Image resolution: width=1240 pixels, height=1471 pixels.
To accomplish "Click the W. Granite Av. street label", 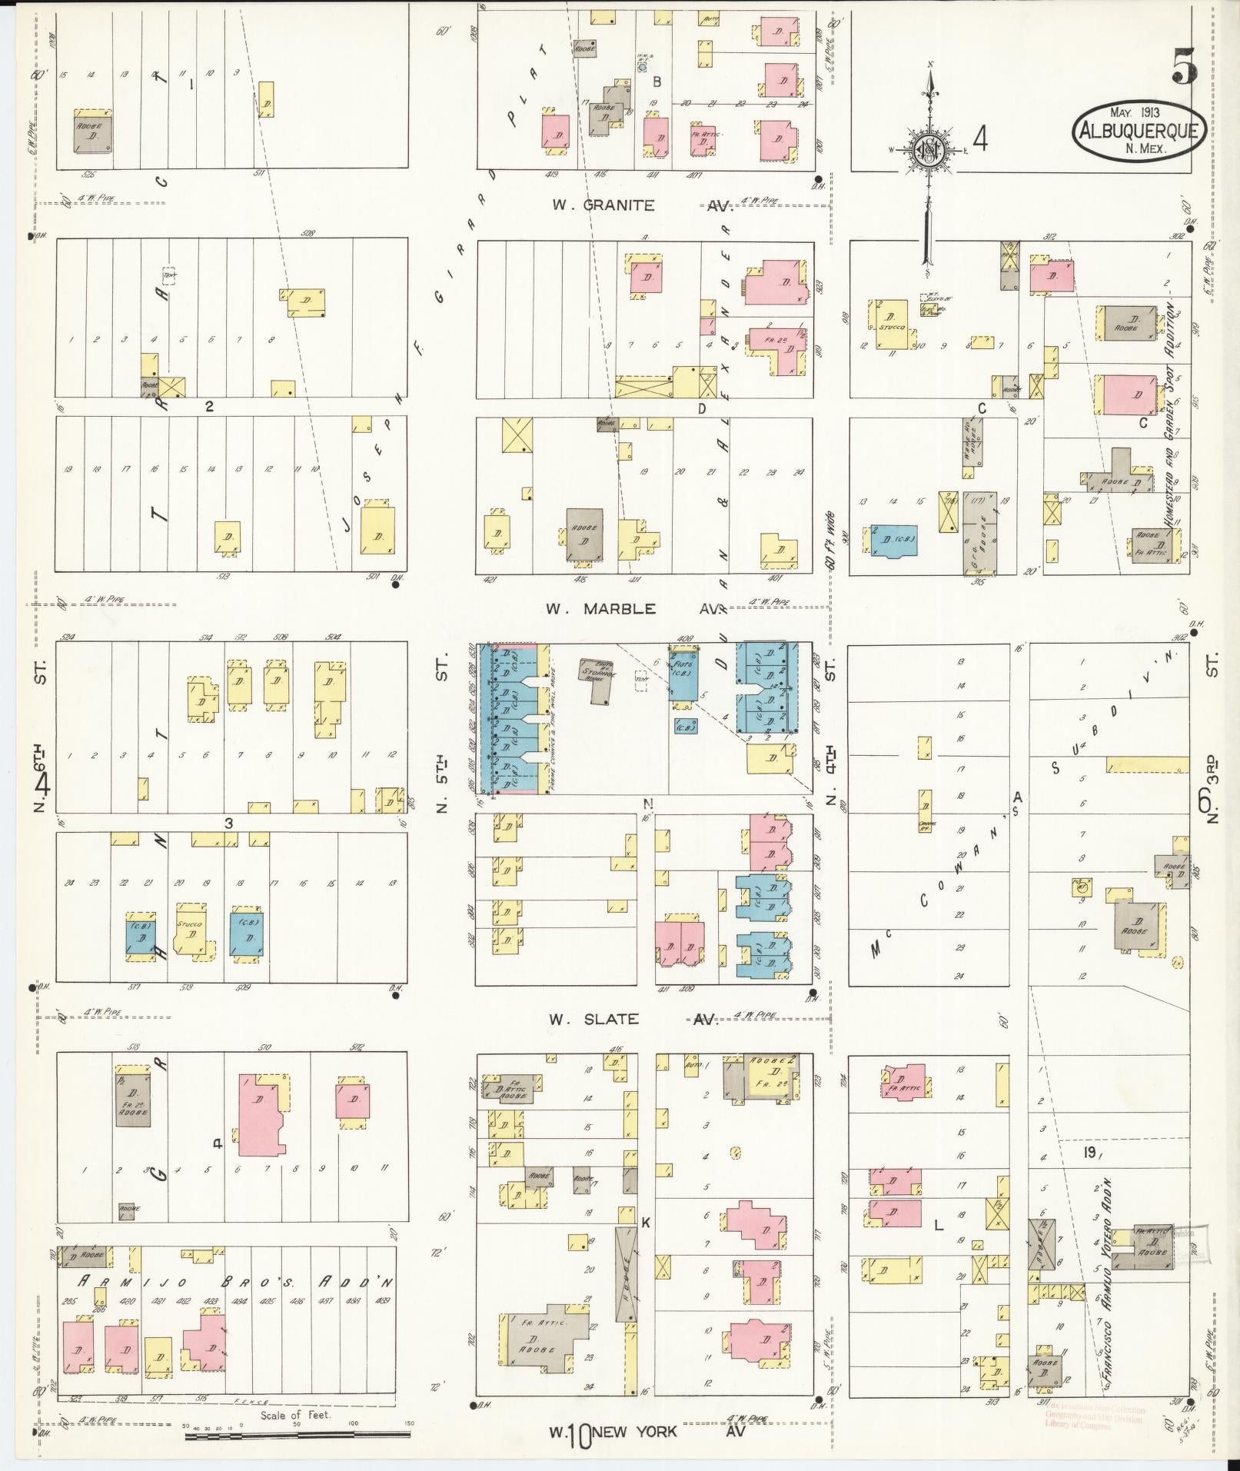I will point(634,205).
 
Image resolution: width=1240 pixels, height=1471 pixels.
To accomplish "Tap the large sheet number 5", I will point(1185,68).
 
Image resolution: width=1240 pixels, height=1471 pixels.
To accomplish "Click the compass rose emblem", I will point(929,149).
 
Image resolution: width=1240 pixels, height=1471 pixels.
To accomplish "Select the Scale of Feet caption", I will point(295,1414).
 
